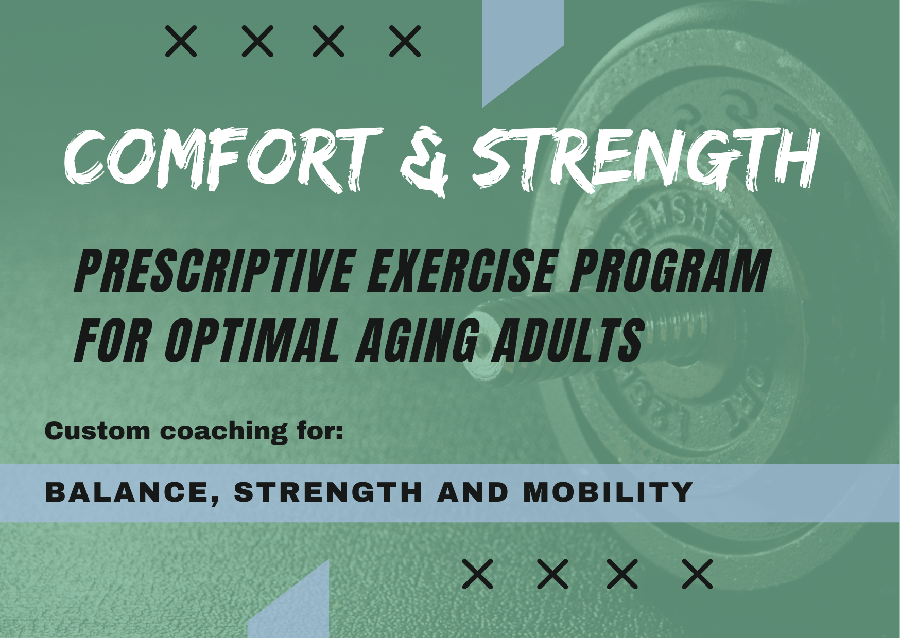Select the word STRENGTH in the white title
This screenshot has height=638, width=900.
click(646, 157)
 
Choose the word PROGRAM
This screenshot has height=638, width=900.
click(670, 270)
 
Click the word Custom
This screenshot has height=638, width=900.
click(97, 431)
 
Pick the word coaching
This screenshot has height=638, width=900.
click(224, 432)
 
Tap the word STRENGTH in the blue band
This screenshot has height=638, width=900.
click(328, 492)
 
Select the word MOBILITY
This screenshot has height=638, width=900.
click(608, 492)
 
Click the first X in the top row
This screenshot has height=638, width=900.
click(181, 41)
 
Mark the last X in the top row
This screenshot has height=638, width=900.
click(405, 41)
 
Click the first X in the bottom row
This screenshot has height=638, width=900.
click(478, 574)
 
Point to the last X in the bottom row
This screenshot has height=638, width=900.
click(698, 574)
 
